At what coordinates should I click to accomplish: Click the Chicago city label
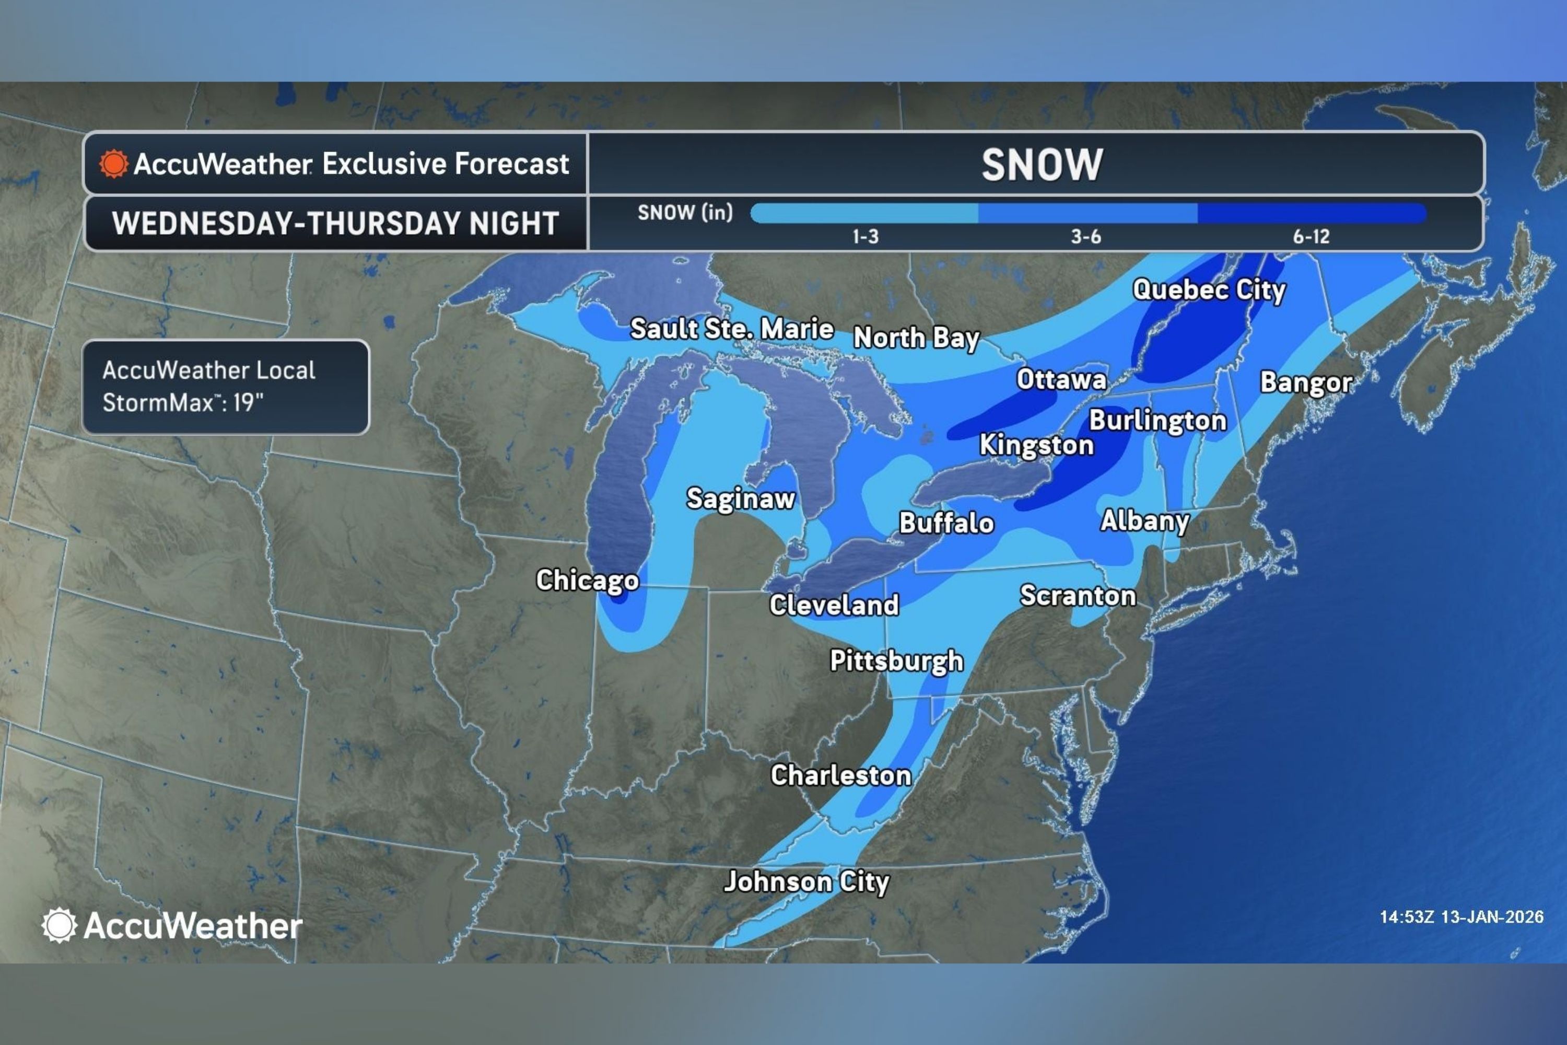(x=587, y=580)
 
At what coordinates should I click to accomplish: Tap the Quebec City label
(x=1209, y=290)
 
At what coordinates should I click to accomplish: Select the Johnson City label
(x=806, y=882)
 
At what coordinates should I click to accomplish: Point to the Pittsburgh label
(x=896, y=660)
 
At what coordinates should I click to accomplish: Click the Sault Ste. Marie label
(x=732, y=329)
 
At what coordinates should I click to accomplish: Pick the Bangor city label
(x=1306, y=382)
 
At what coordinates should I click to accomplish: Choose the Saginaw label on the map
(x=741, y=498)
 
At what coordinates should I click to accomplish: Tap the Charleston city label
(x=841, y=775)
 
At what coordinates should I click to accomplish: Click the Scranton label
(x=1077, y=596)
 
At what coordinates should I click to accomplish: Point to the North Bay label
(x=916, y=338)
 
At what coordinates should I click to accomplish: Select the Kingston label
(x=1036, y=445)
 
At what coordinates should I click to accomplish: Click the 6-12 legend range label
(x=1311, y=237)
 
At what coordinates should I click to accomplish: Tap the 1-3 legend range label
(x=866, y=237)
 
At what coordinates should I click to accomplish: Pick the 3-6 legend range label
(x=1085, y=237)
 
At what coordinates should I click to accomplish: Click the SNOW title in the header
(x=1042, y=165)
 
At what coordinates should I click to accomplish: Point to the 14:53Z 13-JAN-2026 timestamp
(x=1461, y=917)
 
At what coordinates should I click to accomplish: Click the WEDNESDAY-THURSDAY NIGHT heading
(x=335, y=223)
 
